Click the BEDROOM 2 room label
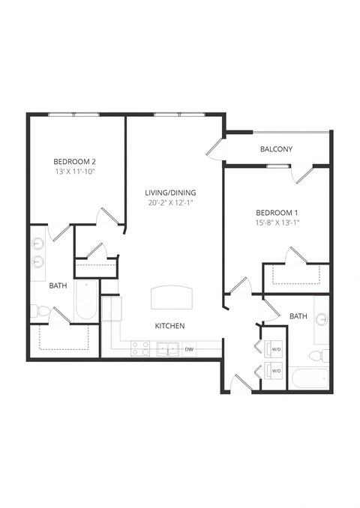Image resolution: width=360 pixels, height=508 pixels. point(74,161)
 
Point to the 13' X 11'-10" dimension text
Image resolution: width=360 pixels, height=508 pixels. point(74,172)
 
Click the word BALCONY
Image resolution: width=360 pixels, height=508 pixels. point(276,149)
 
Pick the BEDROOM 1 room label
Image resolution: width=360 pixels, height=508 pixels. point(277,211)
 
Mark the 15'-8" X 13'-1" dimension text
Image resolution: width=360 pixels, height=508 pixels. point(277,222)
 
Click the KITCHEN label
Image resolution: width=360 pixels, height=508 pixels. point(169,326)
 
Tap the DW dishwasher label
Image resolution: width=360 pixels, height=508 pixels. point(189,349)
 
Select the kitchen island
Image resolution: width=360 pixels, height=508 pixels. point(172,297)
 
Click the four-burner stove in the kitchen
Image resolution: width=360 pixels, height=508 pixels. point(140,348)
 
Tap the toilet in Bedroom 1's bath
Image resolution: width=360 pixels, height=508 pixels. point(320,354)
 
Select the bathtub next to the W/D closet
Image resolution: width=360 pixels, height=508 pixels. point(308,378)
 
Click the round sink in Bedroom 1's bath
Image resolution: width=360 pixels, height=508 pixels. point(321,320)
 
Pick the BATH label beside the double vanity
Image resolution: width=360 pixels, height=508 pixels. point(58,285)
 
